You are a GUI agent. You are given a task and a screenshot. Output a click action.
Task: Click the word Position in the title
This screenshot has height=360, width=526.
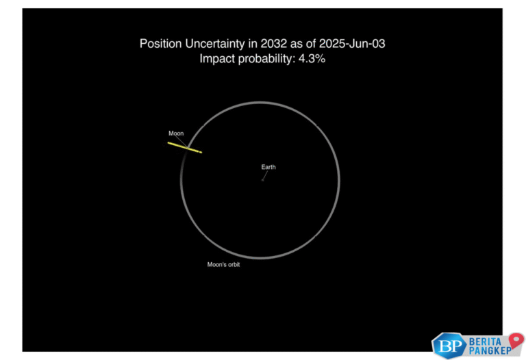(x=159, y=44)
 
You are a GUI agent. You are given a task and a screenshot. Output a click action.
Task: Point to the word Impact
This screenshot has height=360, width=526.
(x=216, y=60)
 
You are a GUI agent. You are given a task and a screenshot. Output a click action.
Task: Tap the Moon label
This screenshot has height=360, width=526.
(x=176, y=133)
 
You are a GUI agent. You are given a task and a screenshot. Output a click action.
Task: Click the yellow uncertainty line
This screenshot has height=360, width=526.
(x=184, y=146)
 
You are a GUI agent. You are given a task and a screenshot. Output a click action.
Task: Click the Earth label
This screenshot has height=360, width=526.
(x=268, y=167)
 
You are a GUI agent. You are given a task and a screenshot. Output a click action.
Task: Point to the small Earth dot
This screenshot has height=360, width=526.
(x=262, y=180)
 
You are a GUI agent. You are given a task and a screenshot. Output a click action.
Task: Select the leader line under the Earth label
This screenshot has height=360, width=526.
(x=264, y=175)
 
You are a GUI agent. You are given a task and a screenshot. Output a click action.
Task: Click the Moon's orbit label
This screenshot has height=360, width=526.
(x=223, y=264)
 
